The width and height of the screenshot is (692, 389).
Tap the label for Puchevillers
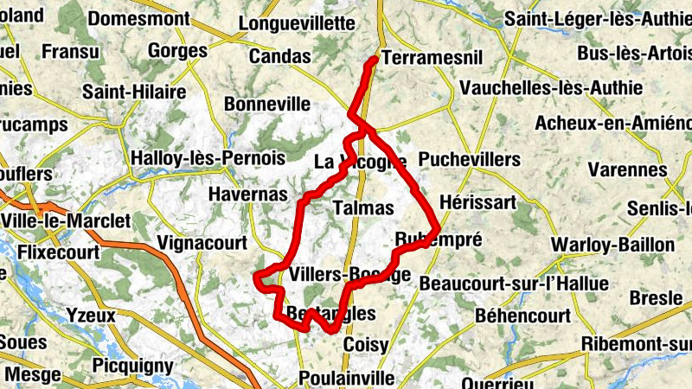pyautogui.click(x=470, y=160)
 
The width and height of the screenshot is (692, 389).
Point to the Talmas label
pyautogui.click(x=363, y=208)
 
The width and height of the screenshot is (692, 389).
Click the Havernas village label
pyautogui.click(x=247, y=195)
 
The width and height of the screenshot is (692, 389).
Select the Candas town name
pyautogui.click(x=279, y=57)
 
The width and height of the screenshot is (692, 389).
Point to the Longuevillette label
pyautogui.click(x=296, y=23)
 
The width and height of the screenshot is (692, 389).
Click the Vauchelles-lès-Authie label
pyautogui.click(x=552, y=88)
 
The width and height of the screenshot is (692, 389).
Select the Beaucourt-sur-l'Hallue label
pyautogui.click(x=514, y=284)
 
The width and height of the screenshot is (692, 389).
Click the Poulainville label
pyautogui.click(x=346, y=378)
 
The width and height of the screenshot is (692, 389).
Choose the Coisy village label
pyautogui.click(x=366, y=344)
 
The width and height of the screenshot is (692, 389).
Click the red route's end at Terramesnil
pyautogui.click(x=373, y=59)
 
